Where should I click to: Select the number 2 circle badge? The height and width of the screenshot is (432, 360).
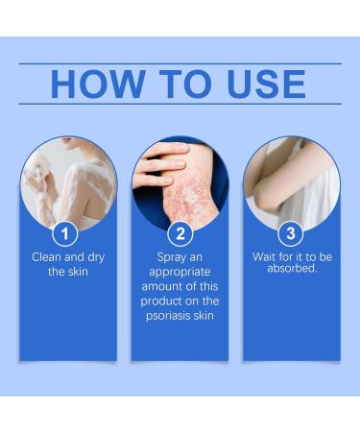pyautogui.click(x=180, y=233)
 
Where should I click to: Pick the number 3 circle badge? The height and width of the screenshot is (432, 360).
pyautogui.click(x=290, y=233)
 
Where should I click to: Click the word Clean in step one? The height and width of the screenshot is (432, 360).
pyautogui.click(x=49, y=257)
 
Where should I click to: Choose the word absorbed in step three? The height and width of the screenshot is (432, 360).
pyautogui.click(x=289, y=269)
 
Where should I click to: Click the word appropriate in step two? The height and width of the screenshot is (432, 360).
pyautogui.click(x=180, y=272)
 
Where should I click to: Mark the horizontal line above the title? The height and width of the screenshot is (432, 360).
pyautogui.click(x=180, y=63)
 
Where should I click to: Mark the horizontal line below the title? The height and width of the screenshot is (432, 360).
pyautogui.click(x=180, y=104)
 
